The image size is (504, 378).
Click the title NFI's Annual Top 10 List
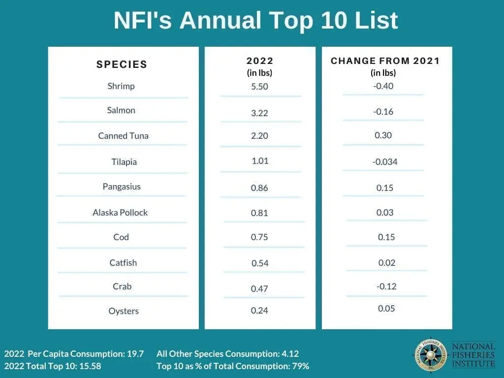[x=255, y=21]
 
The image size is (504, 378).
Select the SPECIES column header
[x=122, y=64]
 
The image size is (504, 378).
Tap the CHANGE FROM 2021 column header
[x=385, y=61]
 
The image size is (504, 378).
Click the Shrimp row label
[x=121, y=86]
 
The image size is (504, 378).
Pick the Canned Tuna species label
[x=123, y=136]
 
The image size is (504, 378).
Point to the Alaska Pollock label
[x=120, y=213]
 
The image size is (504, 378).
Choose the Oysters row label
[x=124, y=311]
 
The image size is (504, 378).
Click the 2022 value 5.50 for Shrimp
[x=260, y=86]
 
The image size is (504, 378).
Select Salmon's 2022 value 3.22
[x=259, y=113]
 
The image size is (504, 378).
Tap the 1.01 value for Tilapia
[x=259, y=160]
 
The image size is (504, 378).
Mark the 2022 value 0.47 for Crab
[x=259, y=288]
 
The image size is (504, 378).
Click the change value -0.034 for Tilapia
[x=385, y=162]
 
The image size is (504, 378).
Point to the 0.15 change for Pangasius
[x=385, y=188]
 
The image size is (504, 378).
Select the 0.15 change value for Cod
[x=386, y=237]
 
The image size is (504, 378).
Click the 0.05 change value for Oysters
[x=386, y=309]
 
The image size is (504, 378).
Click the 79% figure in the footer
[x=301, y=366]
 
